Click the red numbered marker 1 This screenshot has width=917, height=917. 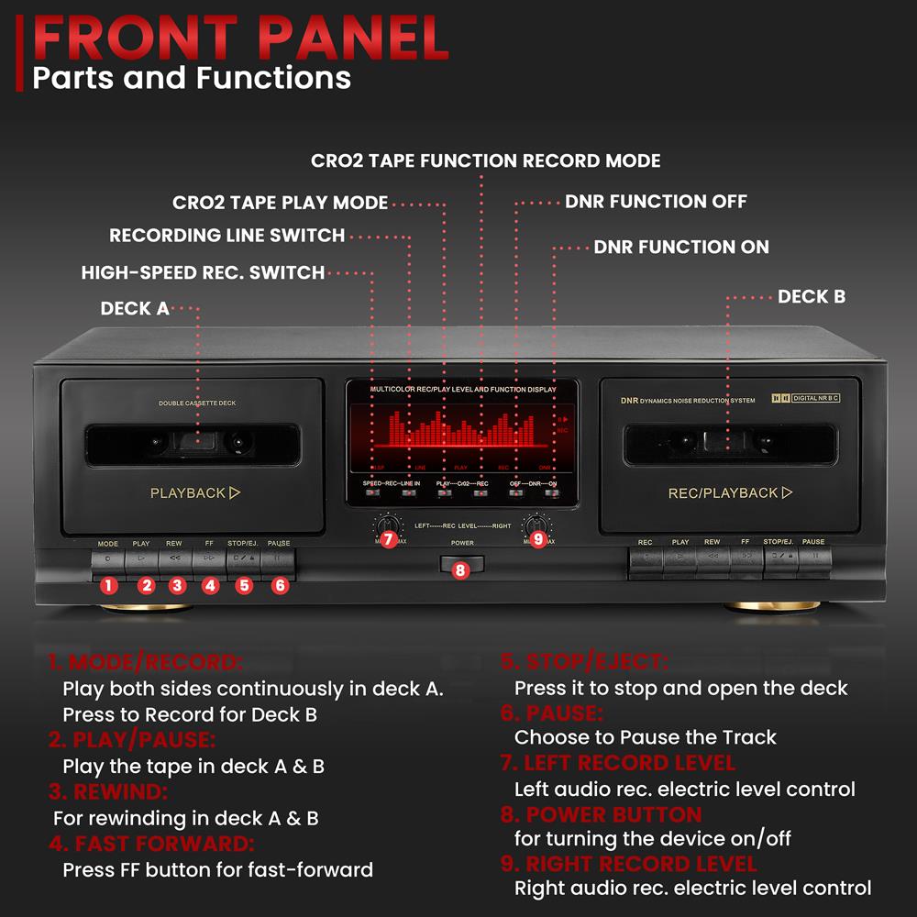[109, 585]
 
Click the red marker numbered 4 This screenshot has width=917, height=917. [210, 585]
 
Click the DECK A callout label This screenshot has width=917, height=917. [135, 309]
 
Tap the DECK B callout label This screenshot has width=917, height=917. [812, 296]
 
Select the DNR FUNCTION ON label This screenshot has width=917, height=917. [681, 247]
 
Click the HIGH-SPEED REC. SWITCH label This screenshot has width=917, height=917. [203, 272]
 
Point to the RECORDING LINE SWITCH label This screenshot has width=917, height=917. [226, 236]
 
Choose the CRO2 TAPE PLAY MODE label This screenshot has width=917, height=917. [280, 203]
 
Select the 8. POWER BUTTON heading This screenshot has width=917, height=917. [602, 814]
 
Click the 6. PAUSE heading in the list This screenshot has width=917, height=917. [552, 713]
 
